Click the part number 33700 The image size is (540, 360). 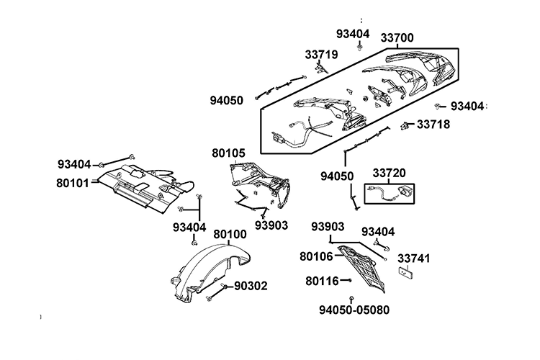tap(397, 37)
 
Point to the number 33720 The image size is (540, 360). tap(389, 173)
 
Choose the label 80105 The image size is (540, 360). tap(229, 153)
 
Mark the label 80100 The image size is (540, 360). tap(230, 234)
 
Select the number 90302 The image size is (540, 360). tap(251, 286)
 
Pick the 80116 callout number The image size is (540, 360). tap(322, 280)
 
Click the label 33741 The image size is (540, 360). tap(414, 257)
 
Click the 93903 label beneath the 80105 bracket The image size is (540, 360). tap(271, 225)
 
